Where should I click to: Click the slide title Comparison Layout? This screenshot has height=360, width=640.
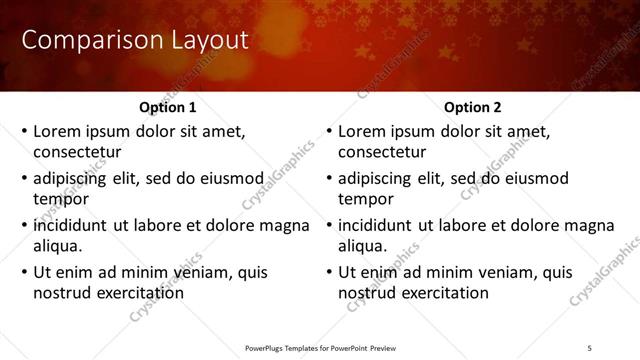[x=135, y=40]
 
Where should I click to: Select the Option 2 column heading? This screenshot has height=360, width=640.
[x=473, y=107]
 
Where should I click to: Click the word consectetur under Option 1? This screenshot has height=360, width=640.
[x=77, y=152]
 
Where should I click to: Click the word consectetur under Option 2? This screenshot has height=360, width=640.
[x=382, y=152]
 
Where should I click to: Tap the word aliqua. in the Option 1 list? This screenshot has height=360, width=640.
[x=58, y=245]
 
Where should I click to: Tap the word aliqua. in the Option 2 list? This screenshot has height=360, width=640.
[x=363, y=245]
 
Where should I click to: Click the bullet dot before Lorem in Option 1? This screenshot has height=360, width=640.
[x=24, y=132]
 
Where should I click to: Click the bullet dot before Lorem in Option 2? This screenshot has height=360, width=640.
[x=329, y=132]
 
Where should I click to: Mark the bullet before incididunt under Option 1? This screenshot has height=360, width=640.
[x=24, y=226]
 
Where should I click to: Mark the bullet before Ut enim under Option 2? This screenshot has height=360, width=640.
[x=329, y=272]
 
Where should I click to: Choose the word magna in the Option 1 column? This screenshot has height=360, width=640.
[x=284, y=225]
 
